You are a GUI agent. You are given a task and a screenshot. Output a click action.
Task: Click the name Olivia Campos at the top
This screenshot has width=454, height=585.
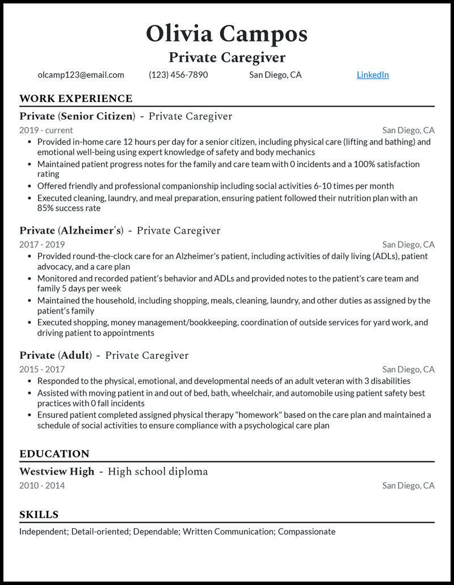(226, 34)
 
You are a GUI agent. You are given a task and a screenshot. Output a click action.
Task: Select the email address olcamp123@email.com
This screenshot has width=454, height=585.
(81, 75)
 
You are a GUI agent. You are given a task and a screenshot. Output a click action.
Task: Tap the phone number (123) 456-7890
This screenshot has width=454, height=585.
(178, 75)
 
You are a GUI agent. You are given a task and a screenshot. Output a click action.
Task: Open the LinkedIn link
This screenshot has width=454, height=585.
(372, 75)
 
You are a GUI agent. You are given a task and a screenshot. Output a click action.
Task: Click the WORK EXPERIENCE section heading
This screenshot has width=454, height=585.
(75, 99)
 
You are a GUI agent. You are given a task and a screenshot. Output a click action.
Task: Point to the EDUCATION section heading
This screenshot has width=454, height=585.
(54, 454)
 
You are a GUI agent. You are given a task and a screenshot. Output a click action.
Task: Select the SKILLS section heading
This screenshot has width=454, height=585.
(39, 515)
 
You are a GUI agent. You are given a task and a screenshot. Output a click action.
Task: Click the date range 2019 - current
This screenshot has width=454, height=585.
(46, 130)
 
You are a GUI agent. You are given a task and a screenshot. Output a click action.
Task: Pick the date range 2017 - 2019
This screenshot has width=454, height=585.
(42, 245)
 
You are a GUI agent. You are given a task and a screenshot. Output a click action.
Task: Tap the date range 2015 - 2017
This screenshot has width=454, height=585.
(42, 370)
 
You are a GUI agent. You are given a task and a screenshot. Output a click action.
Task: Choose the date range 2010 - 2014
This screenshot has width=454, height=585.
(42, 486)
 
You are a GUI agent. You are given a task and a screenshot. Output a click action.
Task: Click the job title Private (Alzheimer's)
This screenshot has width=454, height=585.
(72, 231)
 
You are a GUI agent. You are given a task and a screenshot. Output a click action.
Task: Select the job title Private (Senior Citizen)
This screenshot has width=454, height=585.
(77, 116)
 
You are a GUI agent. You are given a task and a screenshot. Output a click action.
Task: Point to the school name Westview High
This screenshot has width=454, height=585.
(57, 472)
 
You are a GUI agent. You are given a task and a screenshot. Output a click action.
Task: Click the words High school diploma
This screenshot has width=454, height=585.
(158, 472)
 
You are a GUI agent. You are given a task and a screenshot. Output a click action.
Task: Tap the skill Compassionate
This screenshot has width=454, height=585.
(306, 532)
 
